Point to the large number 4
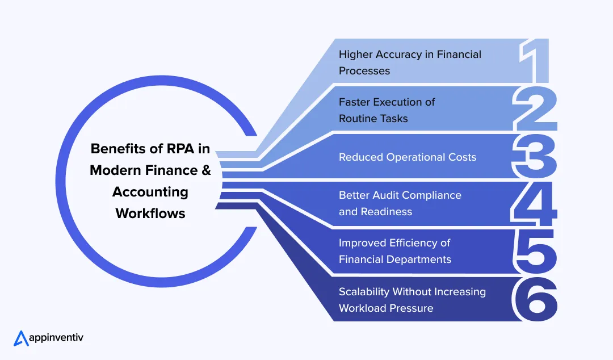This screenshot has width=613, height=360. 534,204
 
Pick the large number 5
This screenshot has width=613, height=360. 533,252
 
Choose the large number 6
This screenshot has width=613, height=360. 534,299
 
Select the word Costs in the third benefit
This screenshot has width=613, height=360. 461,157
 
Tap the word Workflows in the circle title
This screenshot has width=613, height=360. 150,214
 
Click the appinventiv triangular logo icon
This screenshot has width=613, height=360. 21,338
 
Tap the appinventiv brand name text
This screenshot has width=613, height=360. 57,338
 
